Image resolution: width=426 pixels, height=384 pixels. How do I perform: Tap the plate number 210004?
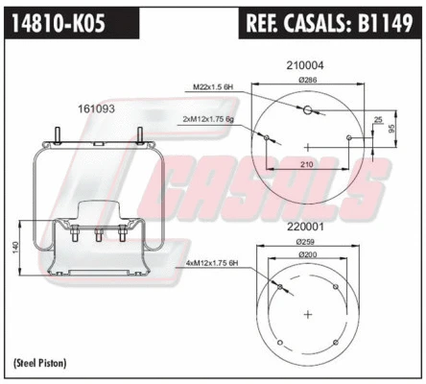[x=305, y=65]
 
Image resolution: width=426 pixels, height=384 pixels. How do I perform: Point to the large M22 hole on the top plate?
[x=307, y=113]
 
